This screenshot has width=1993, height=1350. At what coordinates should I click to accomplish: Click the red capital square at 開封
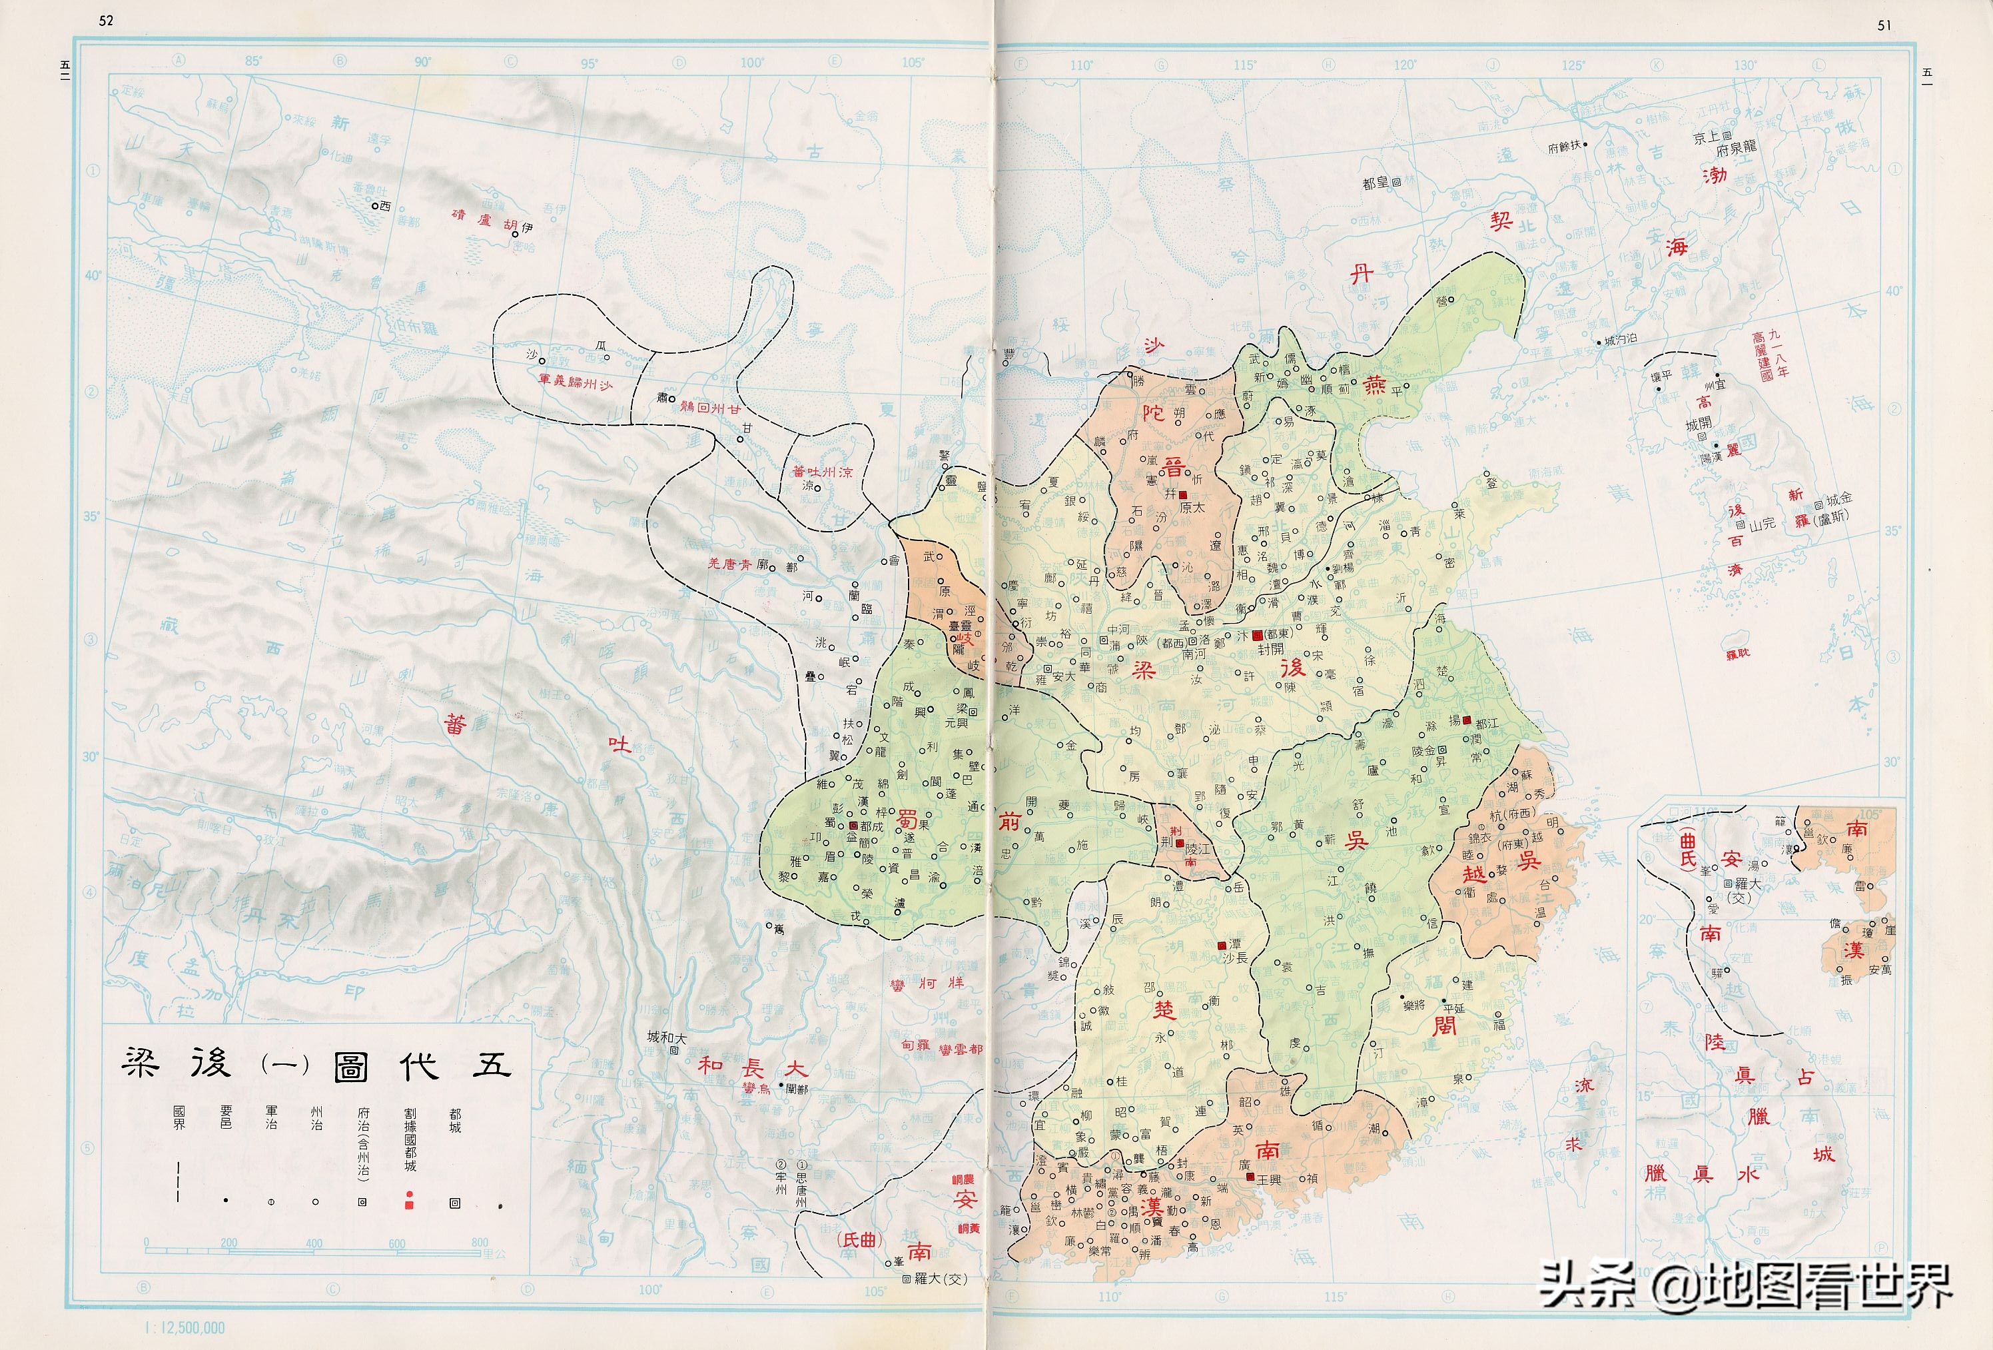point(1257,635)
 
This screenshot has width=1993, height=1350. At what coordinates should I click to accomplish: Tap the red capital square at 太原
point(1184,495)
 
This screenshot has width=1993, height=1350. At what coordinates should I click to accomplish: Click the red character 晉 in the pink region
point(1172,469)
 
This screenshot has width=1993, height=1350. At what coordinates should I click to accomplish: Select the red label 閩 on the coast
point(1444,1025)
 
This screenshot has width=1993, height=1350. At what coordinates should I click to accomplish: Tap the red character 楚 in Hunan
point(1164,1010)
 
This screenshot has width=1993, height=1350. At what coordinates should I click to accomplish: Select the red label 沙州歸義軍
point(576,382)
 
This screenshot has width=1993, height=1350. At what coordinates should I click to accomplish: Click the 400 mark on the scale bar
point(314,1243)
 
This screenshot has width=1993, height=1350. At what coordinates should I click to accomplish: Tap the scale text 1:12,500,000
point(185,1329)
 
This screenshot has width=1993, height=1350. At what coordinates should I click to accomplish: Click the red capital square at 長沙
point(1221,945)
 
